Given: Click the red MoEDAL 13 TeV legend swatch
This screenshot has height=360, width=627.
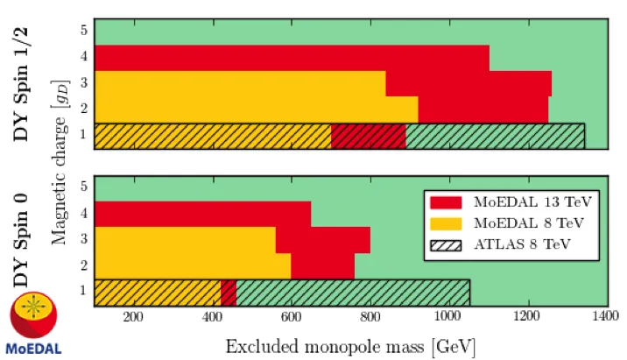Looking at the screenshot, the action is click(x=446, y=202).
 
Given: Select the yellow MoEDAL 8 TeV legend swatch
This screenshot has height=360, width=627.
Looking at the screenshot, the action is click(x=446, y=223).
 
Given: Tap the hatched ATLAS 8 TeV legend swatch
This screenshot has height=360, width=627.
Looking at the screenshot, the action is click(x=446, y=245).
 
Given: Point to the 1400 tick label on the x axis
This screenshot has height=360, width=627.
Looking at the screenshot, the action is click(x=606, y=316).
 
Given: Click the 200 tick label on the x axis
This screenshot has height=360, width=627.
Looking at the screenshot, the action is click(x=133, y=317).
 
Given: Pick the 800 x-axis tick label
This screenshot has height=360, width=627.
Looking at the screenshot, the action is click(x=370, y=317).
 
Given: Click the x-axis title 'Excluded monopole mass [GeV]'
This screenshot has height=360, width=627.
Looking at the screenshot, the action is click(x=350, y=346).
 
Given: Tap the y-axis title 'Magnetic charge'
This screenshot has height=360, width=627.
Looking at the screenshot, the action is click(x=60, y=180).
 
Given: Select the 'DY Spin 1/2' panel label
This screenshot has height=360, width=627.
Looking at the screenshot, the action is click(x=21, y=84).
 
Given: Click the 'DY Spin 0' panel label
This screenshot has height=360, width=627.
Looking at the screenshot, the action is click(x=21, y=240).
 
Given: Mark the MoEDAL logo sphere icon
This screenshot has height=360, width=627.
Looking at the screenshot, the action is click(x=33, y=314).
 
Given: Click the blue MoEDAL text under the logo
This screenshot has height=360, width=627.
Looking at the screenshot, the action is click(x=33, y=349).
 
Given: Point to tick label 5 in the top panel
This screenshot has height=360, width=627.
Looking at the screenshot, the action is click(x=83, y=30).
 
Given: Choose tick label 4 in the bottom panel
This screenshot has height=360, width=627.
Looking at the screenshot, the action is click(x=83, y=212).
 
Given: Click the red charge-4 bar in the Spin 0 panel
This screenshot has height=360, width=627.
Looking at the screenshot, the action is click(x=203, y=214).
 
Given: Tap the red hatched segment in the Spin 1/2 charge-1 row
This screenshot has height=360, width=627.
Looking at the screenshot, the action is click(x=369, y=137).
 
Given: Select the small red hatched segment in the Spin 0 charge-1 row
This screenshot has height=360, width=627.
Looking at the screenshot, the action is click(x=229, y=293).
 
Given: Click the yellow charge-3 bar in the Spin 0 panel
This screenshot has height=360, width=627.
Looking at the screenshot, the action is click(x=185, y=240).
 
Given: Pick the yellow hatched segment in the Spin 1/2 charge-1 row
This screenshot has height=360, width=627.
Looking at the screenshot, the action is click(x=213, y=137).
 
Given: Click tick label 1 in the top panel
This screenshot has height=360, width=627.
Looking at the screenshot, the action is click(x=83, y=134).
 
